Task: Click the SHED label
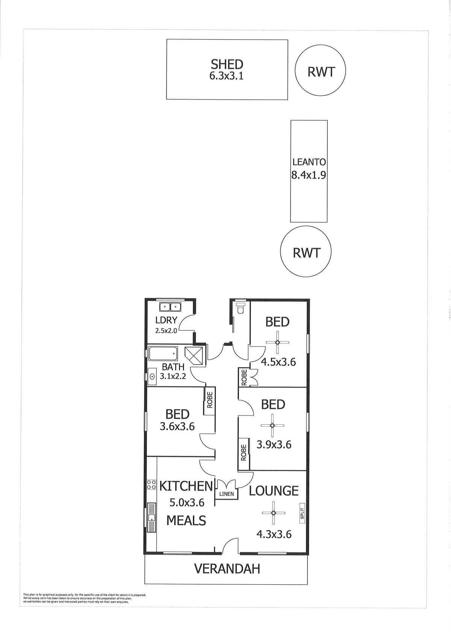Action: [x=227, y=64]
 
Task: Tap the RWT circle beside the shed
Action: [x=320, y=55]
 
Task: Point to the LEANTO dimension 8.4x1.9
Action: [x=308, y=175]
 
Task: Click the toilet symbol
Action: [x=241, y=308]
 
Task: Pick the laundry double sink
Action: [x=170, y=307]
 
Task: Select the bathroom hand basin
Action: [x=152, y=377]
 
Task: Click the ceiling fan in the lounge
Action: [x=273, y=513]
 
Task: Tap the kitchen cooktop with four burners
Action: [x=151, y=485]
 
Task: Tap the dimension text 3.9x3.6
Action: [x=274, y=453]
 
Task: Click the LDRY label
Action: [x=166, y=320]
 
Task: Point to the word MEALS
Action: [x=186, y=521]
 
